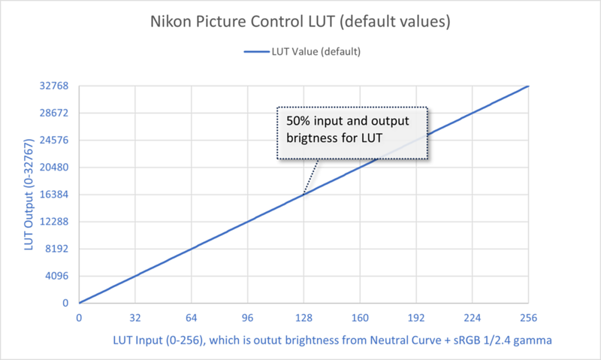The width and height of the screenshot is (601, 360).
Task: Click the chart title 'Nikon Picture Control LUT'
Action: point(300,22)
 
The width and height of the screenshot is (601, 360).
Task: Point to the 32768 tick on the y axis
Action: point(55,86)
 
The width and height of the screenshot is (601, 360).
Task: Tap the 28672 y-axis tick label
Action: point(55,113)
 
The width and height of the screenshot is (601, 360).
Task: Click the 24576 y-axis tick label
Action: point(55,140)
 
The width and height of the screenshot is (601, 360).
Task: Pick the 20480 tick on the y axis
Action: point(55,168)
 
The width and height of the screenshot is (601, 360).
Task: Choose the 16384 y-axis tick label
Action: point(55,195)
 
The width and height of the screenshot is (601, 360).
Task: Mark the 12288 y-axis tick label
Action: point(55,222)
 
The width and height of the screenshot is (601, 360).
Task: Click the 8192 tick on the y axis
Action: point(58,249)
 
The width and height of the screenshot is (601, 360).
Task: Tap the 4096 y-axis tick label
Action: point(58,276)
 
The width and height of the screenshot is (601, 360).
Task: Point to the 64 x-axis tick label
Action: point(191,317)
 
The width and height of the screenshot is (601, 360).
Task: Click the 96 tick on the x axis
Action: point(247,317)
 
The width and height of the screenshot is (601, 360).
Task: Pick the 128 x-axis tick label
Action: point(304,317)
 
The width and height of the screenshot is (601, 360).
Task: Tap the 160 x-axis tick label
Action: point(360,317)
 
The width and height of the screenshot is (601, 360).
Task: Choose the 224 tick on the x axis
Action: point(473,317)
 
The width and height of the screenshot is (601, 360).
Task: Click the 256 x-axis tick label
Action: point(529,317)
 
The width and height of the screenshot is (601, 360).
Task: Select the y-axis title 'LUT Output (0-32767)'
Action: point(29,194)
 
